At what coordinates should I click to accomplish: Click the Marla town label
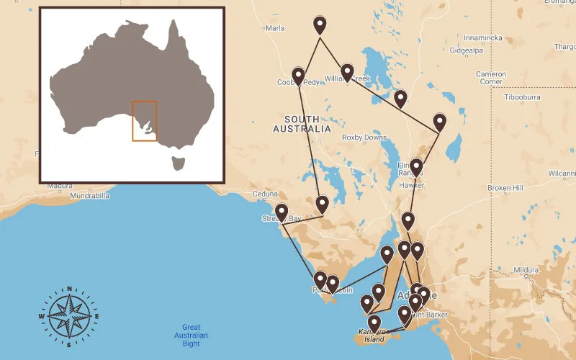point(275,28)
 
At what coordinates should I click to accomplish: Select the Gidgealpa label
point(466,51)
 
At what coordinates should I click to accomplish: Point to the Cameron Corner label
point(491,78)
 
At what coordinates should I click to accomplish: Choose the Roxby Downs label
point(364,138)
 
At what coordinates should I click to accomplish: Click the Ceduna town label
point(265,194)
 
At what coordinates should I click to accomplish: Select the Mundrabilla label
point(90,195)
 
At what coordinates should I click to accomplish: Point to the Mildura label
point(526,270)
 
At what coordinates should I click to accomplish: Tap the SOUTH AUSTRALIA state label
point(302,124)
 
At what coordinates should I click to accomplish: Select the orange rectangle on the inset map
point(145,121)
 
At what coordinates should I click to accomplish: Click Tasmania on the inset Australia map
point(179,163)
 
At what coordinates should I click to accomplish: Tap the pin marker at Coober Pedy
point(298,76)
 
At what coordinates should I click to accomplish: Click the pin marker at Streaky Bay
point(282,212)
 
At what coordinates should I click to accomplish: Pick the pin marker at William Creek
point(347,72)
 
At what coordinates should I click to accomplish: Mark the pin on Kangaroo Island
point(374,323)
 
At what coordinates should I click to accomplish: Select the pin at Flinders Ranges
point(416,167)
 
